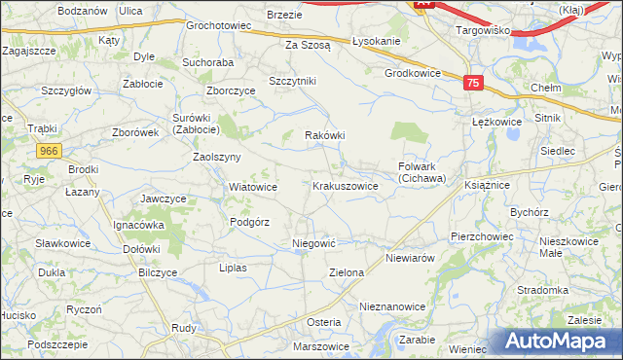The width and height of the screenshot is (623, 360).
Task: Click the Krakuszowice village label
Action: pyautogui.click(x=345, y=186)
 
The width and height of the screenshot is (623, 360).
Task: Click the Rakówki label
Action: pyautogui.click(x=326, y=135)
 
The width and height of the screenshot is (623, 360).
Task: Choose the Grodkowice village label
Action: pyautogui.click(x=413, y=73)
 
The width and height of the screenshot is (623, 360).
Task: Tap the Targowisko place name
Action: pyautogui.click(x=484, y=30)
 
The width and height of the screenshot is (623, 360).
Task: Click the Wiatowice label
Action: pyautogui.click(x=253, y=187)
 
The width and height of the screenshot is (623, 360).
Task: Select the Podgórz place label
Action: pyautogui.click(x=249, y=222)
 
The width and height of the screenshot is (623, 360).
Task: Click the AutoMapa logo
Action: pyautogui.click(x=561, y=342)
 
